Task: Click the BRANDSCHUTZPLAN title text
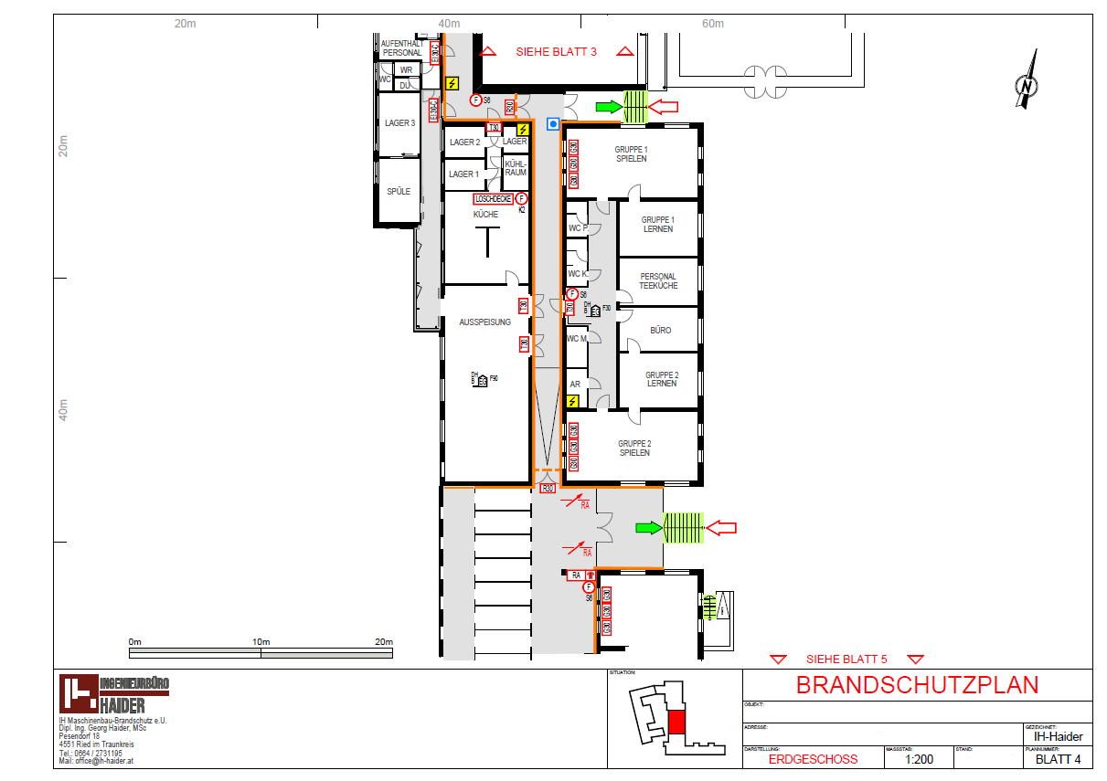917,685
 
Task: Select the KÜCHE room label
485,215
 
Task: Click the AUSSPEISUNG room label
485,322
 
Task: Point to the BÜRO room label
660,330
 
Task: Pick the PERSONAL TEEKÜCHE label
658,281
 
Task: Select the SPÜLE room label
399,191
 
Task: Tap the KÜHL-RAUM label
516,167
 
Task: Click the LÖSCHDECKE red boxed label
493,198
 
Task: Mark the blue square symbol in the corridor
552,123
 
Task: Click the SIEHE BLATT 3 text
556,52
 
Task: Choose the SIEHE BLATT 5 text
846,659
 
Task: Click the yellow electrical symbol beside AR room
573,400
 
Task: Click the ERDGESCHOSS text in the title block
813,759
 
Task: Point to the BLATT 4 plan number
1058,759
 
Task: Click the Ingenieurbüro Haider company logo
114,694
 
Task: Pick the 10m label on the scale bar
261,641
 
